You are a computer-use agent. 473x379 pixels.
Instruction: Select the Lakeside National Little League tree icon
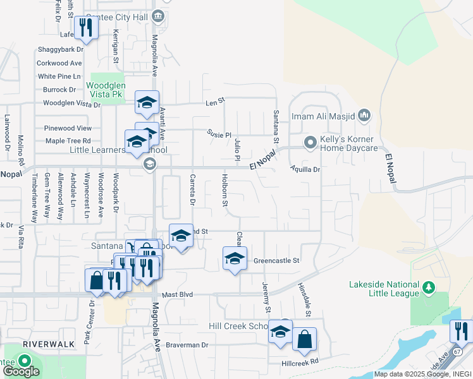[429, 289]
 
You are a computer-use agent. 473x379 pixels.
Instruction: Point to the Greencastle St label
[276, 260]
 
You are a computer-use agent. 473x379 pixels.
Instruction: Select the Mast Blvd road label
[177, 295]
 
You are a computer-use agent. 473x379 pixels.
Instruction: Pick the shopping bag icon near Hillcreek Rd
[304, 339]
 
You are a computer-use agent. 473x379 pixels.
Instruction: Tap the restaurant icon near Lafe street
[85, 27]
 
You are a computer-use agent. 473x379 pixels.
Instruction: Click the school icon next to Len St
[147, 102]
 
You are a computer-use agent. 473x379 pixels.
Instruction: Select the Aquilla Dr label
[305, 169]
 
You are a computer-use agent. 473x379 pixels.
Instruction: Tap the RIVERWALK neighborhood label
[45, 343]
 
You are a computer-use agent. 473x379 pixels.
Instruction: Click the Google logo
[21, 371]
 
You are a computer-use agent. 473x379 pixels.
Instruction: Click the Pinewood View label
[68, 128]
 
